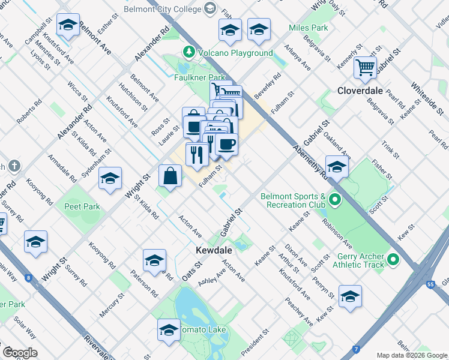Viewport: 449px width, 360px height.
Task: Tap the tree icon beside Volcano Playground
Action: pyautogui.click(x=190, y=53)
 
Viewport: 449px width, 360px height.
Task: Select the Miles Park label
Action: pyautogui.click(x=308, y=28)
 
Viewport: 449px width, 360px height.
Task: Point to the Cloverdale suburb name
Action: pyautogui.click(x=360, y=91)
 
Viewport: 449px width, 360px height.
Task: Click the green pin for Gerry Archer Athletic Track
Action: pyautogui.click(x=394, y=260)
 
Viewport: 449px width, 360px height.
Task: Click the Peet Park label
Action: pyautogui.click(x=82, y=206)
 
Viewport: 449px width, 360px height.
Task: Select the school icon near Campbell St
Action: pyautogui.click(x=68, y=25)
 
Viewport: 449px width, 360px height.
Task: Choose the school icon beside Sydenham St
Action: pyautogui.click(x=110, y=178)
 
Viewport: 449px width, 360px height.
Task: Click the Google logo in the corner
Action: pyautogui.click(x=19, y=353)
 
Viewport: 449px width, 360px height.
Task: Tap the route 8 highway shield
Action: pyautogui.click(x=28, y=278)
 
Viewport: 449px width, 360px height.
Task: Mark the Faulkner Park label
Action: pyautogui.click(x=199, y=77)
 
